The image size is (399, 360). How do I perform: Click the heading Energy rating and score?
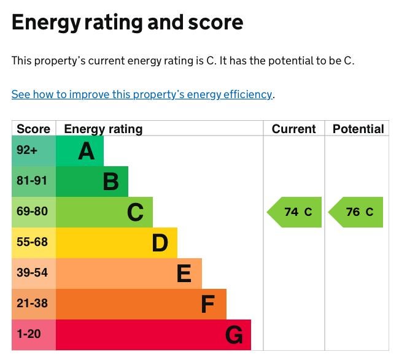[x=127, y=23]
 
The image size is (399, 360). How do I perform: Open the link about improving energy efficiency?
[x=142, y=94]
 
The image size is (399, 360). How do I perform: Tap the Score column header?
[x=33, y=129]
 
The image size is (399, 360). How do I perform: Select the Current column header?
[x=293, y=129]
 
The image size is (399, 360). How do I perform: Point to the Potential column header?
[x=358, y=129]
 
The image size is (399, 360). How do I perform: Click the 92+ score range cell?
[x=27, y=151]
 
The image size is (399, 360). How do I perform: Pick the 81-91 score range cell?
[x=32, y=182]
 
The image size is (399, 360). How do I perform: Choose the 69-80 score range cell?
[x=32, y=212]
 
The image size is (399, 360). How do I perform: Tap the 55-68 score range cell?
[x=32, y=242]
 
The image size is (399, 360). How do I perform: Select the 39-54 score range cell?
[x=32, y=273]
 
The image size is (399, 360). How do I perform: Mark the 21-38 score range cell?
[x=32, y=304]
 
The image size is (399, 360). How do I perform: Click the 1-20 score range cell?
[x=28, y=334]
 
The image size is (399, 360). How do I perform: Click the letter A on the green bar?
[x=87, y=151]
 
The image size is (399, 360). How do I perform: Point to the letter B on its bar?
[x=111, y=182]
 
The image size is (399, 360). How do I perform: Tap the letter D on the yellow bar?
[x=160, y=243]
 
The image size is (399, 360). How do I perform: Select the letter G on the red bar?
[x=234, y=335]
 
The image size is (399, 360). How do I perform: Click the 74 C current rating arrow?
[x=295, y=212]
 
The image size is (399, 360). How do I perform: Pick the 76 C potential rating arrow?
[x=357, y=212]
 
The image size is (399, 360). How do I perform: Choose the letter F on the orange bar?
[x=209, y=304]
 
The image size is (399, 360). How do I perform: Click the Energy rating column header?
[x=103, y=129]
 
